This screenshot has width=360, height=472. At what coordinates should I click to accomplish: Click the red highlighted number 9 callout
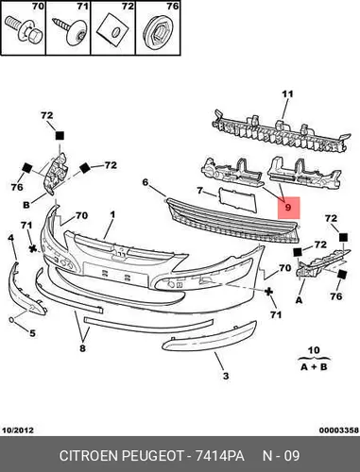click(289, 208)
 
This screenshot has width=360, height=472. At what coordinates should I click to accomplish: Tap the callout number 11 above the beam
click(287, 93)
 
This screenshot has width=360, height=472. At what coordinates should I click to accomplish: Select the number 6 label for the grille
click(145, 182)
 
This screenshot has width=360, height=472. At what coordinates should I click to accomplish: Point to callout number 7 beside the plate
click(199, 191)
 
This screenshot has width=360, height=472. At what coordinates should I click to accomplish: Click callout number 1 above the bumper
click(112, 214)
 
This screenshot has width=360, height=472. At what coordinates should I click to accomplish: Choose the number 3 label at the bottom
click(226, 376)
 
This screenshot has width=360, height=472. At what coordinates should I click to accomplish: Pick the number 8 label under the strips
click(82, 348)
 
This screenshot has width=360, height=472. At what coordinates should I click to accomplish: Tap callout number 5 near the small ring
click(32, 333)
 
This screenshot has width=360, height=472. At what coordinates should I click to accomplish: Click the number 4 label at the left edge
click(11, 238)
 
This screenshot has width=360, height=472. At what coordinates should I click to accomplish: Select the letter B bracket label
click(26, 205)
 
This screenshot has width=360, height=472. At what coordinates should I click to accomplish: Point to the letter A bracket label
click(299, 300)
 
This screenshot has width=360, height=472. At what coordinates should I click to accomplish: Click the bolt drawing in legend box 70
click(25, 30)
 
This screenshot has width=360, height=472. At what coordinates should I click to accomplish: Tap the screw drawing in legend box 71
click(70, 31)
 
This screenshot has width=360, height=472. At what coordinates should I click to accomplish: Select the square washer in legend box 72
click(113, 29)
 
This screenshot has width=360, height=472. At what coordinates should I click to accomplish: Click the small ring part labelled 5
click(11, 320)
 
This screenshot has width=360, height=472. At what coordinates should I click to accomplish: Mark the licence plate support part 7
click(237, 199)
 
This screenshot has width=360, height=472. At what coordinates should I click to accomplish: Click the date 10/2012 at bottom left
click(18, 430)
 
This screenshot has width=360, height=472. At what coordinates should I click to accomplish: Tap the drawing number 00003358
click(339, 430)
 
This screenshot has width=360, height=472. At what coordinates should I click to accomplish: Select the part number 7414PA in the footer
click(219, 456)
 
